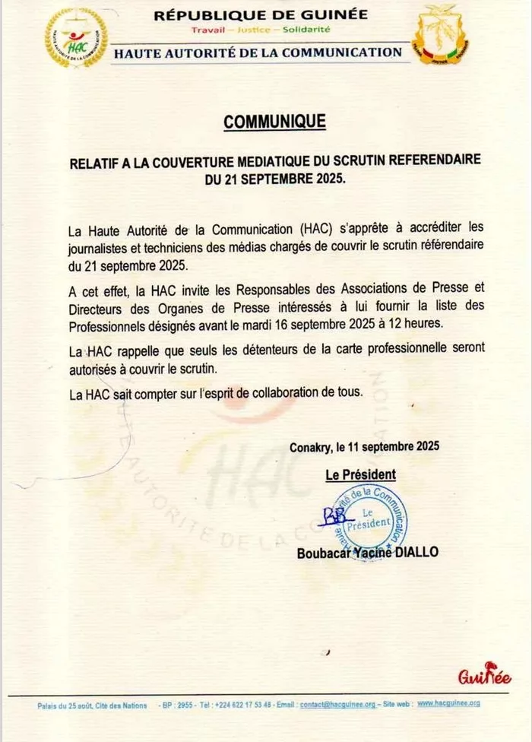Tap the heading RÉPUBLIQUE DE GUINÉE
pos(261,14)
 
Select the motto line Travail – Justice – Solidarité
pos(261,30)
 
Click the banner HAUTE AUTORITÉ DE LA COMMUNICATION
pos(258,52)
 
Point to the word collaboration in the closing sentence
pos(299,394)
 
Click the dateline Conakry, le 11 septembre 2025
pos(364,447)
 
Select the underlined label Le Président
pos(360,475)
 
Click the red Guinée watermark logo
pos(484,676)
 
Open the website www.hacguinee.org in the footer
pos(448,705)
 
